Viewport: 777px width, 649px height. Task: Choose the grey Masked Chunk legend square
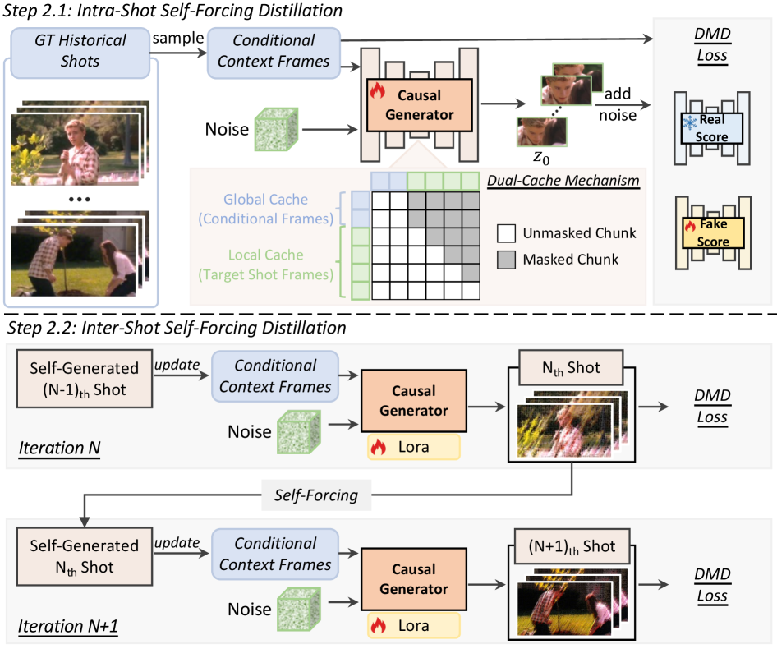[x=506, y=259]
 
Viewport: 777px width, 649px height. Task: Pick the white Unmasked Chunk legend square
[x=506, y=232]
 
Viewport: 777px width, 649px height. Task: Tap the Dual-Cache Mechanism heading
[x=563, y=179]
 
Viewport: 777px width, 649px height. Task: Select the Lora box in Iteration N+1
[x=413, y=625]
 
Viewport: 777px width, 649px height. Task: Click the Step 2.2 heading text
[x=176, y=329]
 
